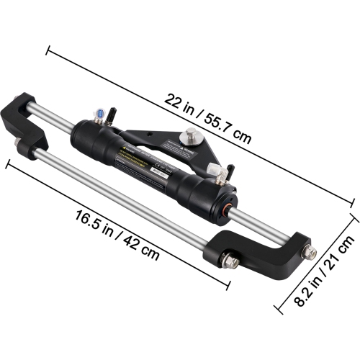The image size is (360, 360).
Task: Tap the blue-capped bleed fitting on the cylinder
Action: [x=98, y=114]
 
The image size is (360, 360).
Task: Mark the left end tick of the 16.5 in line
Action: [x=8, y=163]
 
